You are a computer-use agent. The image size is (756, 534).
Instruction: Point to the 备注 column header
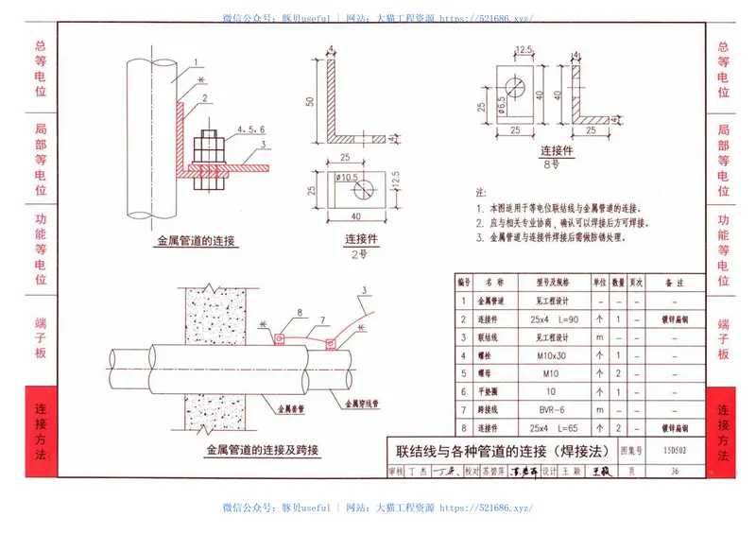click(x=674, y=283)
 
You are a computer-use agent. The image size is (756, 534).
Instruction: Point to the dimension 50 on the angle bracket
click(x=308, y=101)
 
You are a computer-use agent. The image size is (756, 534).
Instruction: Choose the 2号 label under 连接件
click(x=354, y=253)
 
